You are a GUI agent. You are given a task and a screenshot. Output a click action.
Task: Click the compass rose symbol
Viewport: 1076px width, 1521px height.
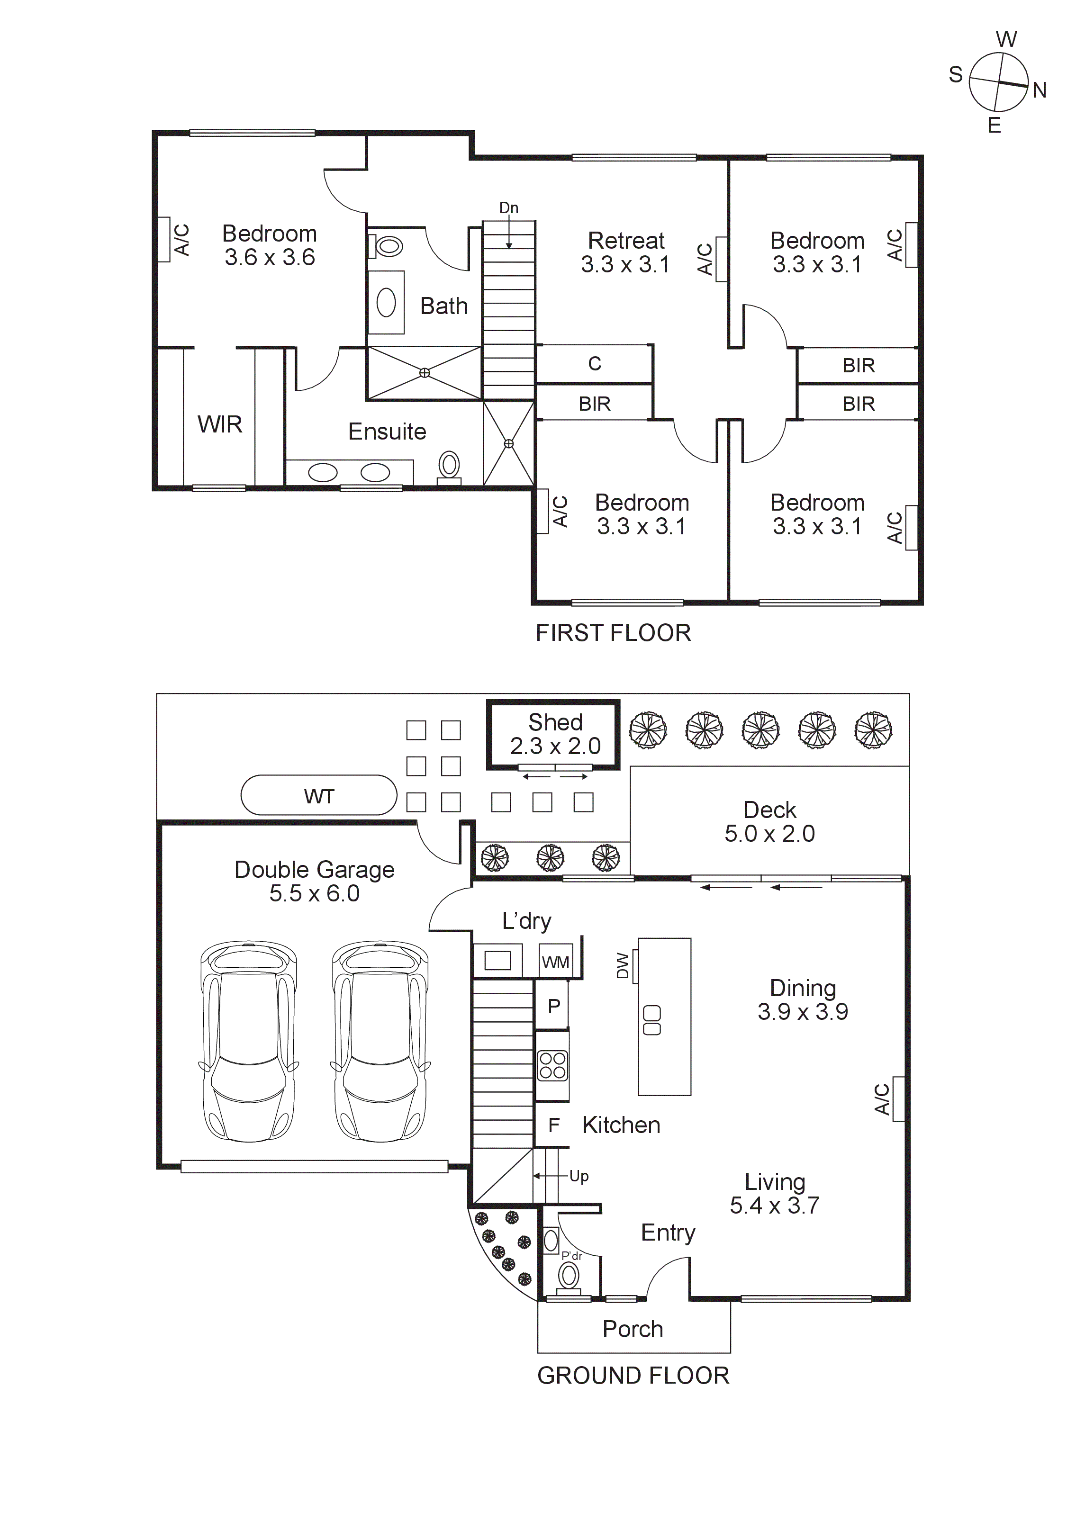click(x=998, y=82)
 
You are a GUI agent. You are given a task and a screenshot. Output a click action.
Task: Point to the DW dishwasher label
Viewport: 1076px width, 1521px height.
click(x=622, y=965)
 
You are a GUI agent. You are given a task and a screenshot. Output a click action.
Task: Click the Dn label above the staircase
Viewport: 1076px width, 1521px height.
click(x=508, y=208)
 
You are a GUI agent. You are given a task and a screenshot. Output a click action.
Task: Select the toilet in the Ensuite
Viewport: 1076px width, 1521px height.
click(x=449, y=465)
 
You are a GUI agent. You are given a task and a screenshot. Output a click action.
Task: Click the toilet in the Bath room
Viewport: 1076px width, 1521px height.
click(x=388, y=246)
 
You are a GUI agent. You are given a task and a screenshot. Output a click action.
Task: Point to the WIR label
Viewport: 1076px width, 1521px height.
click(x=219, y=424)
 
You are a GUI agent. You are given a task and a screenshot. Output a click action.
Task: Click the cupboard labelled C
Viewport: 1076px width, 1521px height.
click(x=594, y=364)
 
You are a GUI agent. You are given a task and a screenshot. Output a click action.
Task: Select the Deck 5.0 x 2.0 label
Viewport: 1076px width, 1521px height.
click(x=769, y=821)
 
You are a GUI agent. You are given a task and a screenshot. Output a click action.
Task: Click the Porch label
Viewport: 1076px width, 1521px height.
click(x=633, y=1328)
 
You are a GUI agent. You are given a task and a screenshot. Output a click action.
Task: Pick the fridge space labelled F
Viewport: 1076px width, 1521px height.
click(x=554, y=1125)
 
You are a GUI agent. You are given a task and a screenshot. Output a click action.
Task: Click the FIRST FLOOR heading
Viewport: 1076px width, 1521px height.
click(x=613, y=633)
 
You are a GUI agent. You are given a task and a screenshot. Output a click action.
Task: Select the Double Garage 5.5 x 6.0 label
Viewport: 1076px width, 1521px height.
click(x=314, y=881)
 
